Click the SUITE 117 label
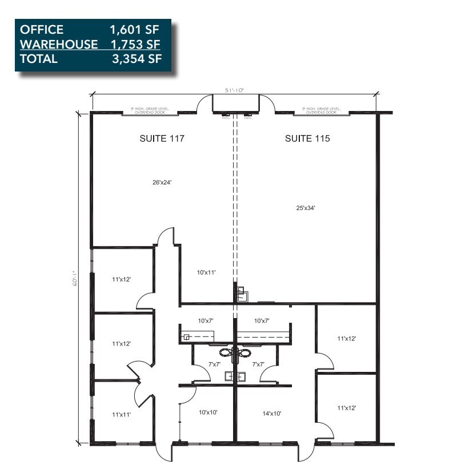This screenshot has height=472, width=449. pyautogui.click(x=162, y=138)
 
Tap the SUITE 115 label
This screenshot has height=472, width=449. pyautogui.click(x=307, y=138)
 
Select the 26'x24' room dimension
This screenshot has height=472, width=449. pyautogui.click(x=162, y=183)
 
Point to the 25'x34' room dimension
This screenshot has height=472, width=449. pyautogui.click(x=304, y=208)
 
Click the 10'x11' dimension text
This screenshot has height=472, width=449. pyautogui.click(x=206, y=273)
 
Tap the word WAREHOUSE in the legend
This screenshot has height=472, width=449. pyautogui.click(x=59, y=44)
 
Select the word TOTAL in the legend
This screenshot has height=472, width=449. pyautogui.click(x=39, y=58)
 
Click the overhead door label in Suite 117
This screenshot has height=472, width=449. pyautogui.click(x=150, y=110)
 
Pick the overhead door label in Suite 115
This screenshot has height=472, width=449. pyautogui.click(x=322, y=110)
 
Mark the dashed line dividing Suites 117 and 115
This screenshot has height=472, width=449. pyautogui.click(x=234, y=200)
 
